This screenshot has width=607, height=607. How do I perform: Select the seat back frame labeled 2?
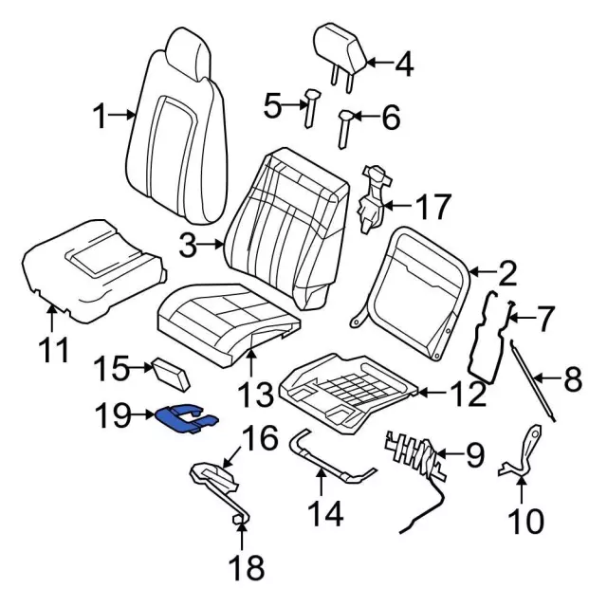418,275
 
